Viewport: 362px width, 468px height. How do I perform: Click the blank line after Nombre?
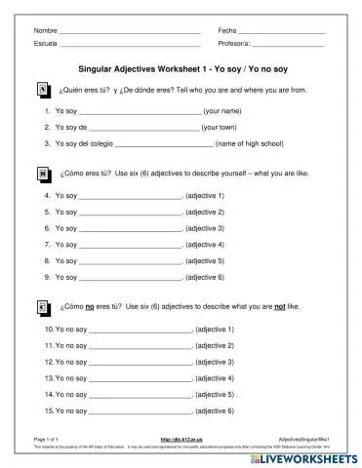coord(129,33)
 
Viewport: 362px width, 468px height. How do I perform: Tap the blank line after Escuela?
coord(129,46)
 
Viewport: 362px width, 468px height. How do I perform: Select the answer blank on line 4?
coord(130,196)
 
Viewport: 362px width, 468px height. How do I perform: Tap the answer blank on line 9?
coord(130,278)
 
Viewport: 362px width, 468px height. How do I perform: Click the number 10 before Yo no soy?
coord(49,329)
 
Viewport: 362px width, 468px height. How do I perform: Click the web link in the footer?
coord(180,440)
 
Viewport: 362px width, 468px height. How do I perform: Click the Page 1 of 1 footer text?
coord(47,440)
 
